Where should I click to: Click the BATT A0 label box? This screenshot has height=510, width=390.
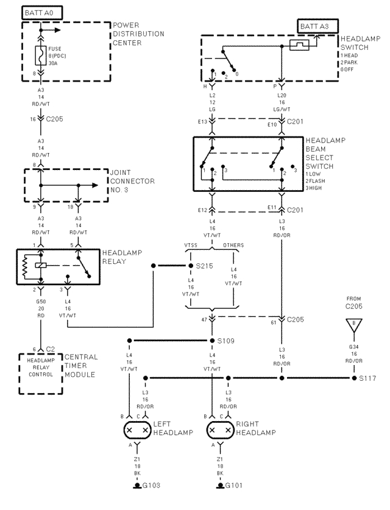coord(41,12)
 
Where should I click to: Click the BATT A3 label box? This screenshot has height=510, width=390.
coord(316,26)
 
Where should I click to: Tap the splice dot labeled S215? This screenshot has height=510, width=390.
coord(190,266)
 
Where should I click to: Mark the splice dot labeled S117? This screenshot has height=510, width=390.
coord(354,378)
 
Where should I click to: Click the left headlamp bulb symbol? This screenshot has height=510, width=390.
coord(137,431)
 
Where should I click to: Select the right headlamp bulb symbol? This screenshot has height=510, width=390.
coord(220,431)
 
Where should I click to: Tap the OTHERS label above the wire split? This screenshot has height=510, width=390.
coord(233,246)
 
